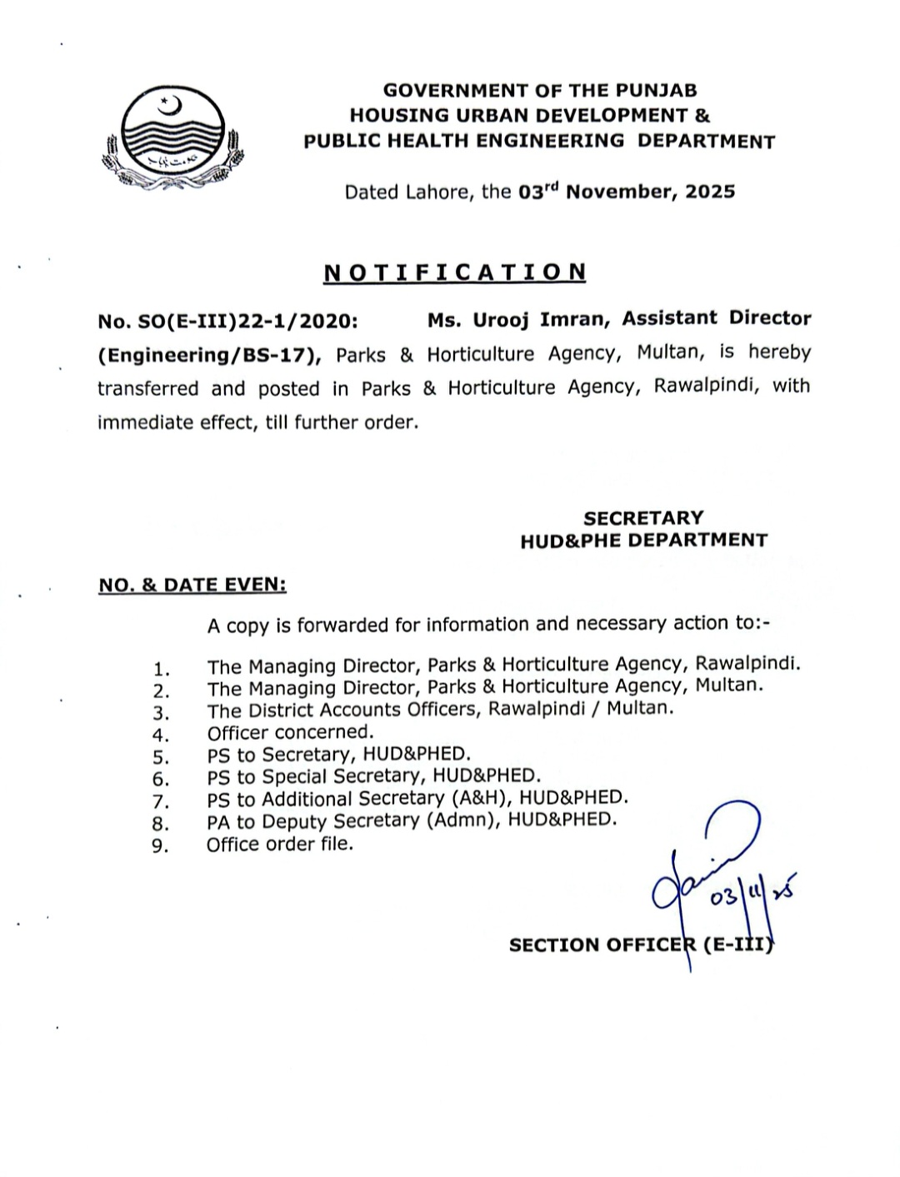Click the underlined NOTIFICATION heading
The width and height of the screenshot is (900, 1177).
(454, 272)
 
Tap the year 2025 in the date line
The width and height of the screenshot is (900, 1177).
(711, 192)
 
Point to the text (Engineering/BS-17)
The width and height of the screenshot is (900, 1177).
(209, 356)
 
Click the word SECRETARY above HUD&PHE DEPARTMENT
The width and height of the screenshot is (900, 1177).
(643, 518)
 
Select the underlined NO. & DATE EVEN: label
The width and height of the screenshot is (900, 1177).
(192, 586)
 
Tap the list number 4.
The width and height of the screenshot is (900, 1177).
(161, 735)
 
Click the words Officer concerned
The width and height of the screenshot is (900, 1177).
(291, 732)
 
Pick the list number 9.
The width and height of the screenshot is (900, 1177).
(161, 846)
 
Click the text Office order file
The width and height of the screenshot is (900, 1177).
(280, 844)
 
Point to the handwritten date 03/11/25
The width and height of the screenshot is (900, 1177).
(751, 895)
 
